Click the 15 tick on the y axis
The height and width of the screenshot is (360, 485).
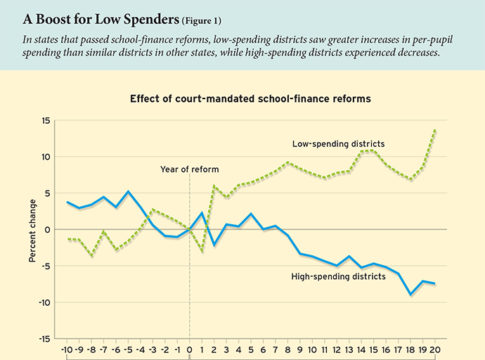point(45,121)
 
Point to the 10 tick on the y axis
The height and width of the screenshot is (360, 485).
point(45,157)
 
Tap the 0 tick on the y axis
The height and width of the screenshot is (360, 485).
point(48,229)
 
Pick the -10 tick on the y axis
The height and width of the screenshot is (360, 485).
point(43,302)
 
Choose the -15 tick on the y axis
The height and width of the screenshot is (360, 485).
point(43,338)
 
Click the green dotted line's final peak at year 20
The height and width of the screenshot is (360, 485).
point(435,130)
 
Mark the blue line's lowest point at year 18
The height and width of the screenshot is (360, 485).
point(410,294)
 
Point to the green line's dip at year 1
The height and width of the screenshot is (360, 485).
point(202,250)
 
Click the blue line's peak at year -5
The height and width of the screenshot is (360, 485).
point(128,191)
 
